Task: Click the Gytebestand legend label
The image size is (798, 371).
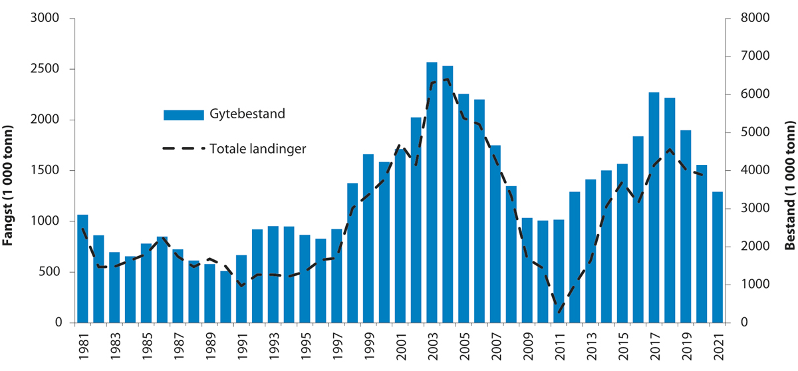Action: pyautogui.click(x=247, y=114)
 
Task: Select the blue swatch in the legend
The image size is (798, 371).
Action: pyautogui.click(x=184, y=114)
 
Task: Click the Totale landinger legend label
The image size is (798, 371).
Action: pyautogui.click(x=258, y=149)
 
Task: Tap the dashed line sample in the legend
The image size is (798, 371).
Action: pyautogui.click(x=184, y=149)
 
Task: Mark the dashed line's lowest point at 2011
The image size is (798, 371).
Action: pyautogui.click(x=559, y=312)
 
